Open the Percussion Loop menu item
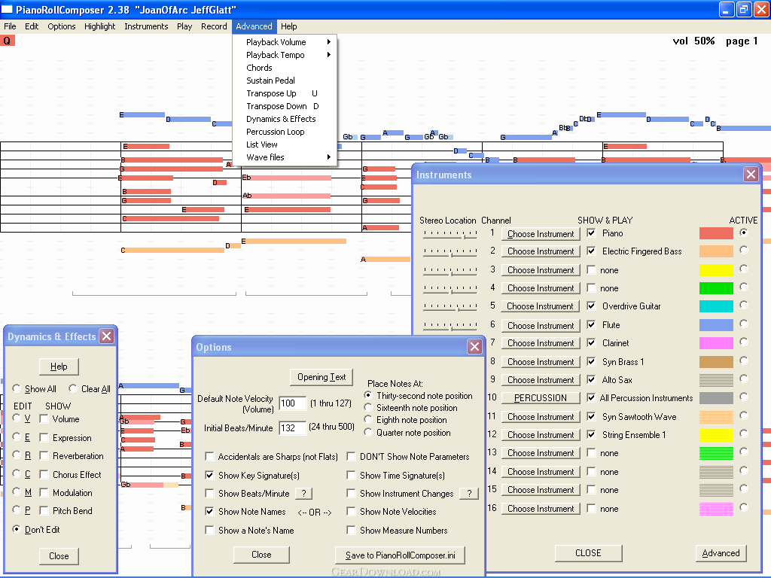276,132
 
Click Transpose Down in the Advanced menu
276,106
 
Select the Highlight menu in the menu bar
100,26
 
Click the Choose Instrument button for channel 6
541,325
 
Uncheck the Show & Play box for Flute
592,324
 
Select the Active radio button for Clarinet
743,342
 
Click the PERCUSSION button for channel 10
541,397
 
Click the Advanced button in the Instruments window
721,553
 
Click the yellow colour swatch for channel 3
716,269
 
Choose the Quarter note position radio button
367,433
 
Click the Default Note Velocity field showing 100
292,403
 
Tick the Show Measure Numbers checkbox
351,531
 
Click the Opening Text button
322,377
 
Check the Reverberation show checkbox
44,455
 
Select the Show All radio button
17,389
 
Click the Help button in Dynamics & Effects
59,367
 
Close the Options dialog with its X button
474,346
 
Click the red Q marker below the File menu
7,41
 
